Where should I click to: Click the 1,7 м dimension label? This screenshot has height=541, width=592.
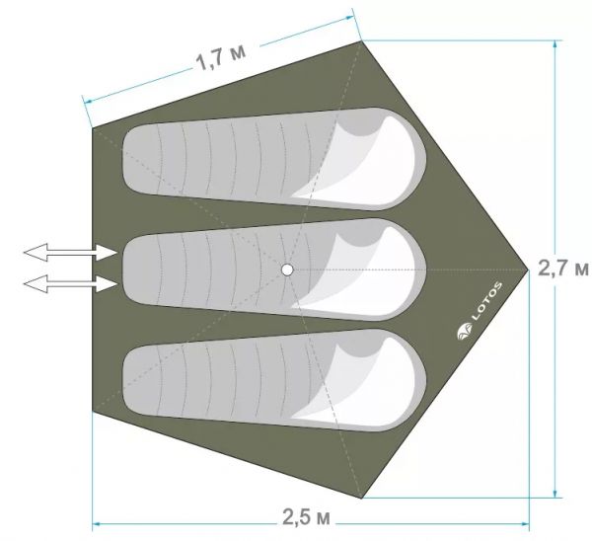[x=221, y=58]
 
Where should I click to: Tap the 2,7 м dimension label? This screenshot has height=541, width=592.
[x=563, y=269]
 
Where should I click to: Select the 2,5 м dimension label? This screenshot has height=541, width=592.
[x=306, y=517]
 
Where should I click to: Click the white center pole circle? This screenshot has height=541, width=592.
[x=287, y=270]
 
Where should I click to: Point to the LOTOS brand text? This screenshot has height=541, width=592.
[x=486, y=301]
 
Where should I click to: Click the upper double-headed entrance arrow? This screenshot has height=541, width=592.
[x=70, y=252]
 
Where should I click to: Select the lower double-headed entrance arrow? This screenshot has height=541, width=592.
[x=70, y=283]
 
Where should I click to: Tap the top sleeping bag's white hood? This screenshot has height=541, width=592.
[x=359, y=159]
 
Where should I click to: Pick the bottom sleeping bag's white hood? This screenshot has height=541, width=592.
[x=359, y=381]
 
